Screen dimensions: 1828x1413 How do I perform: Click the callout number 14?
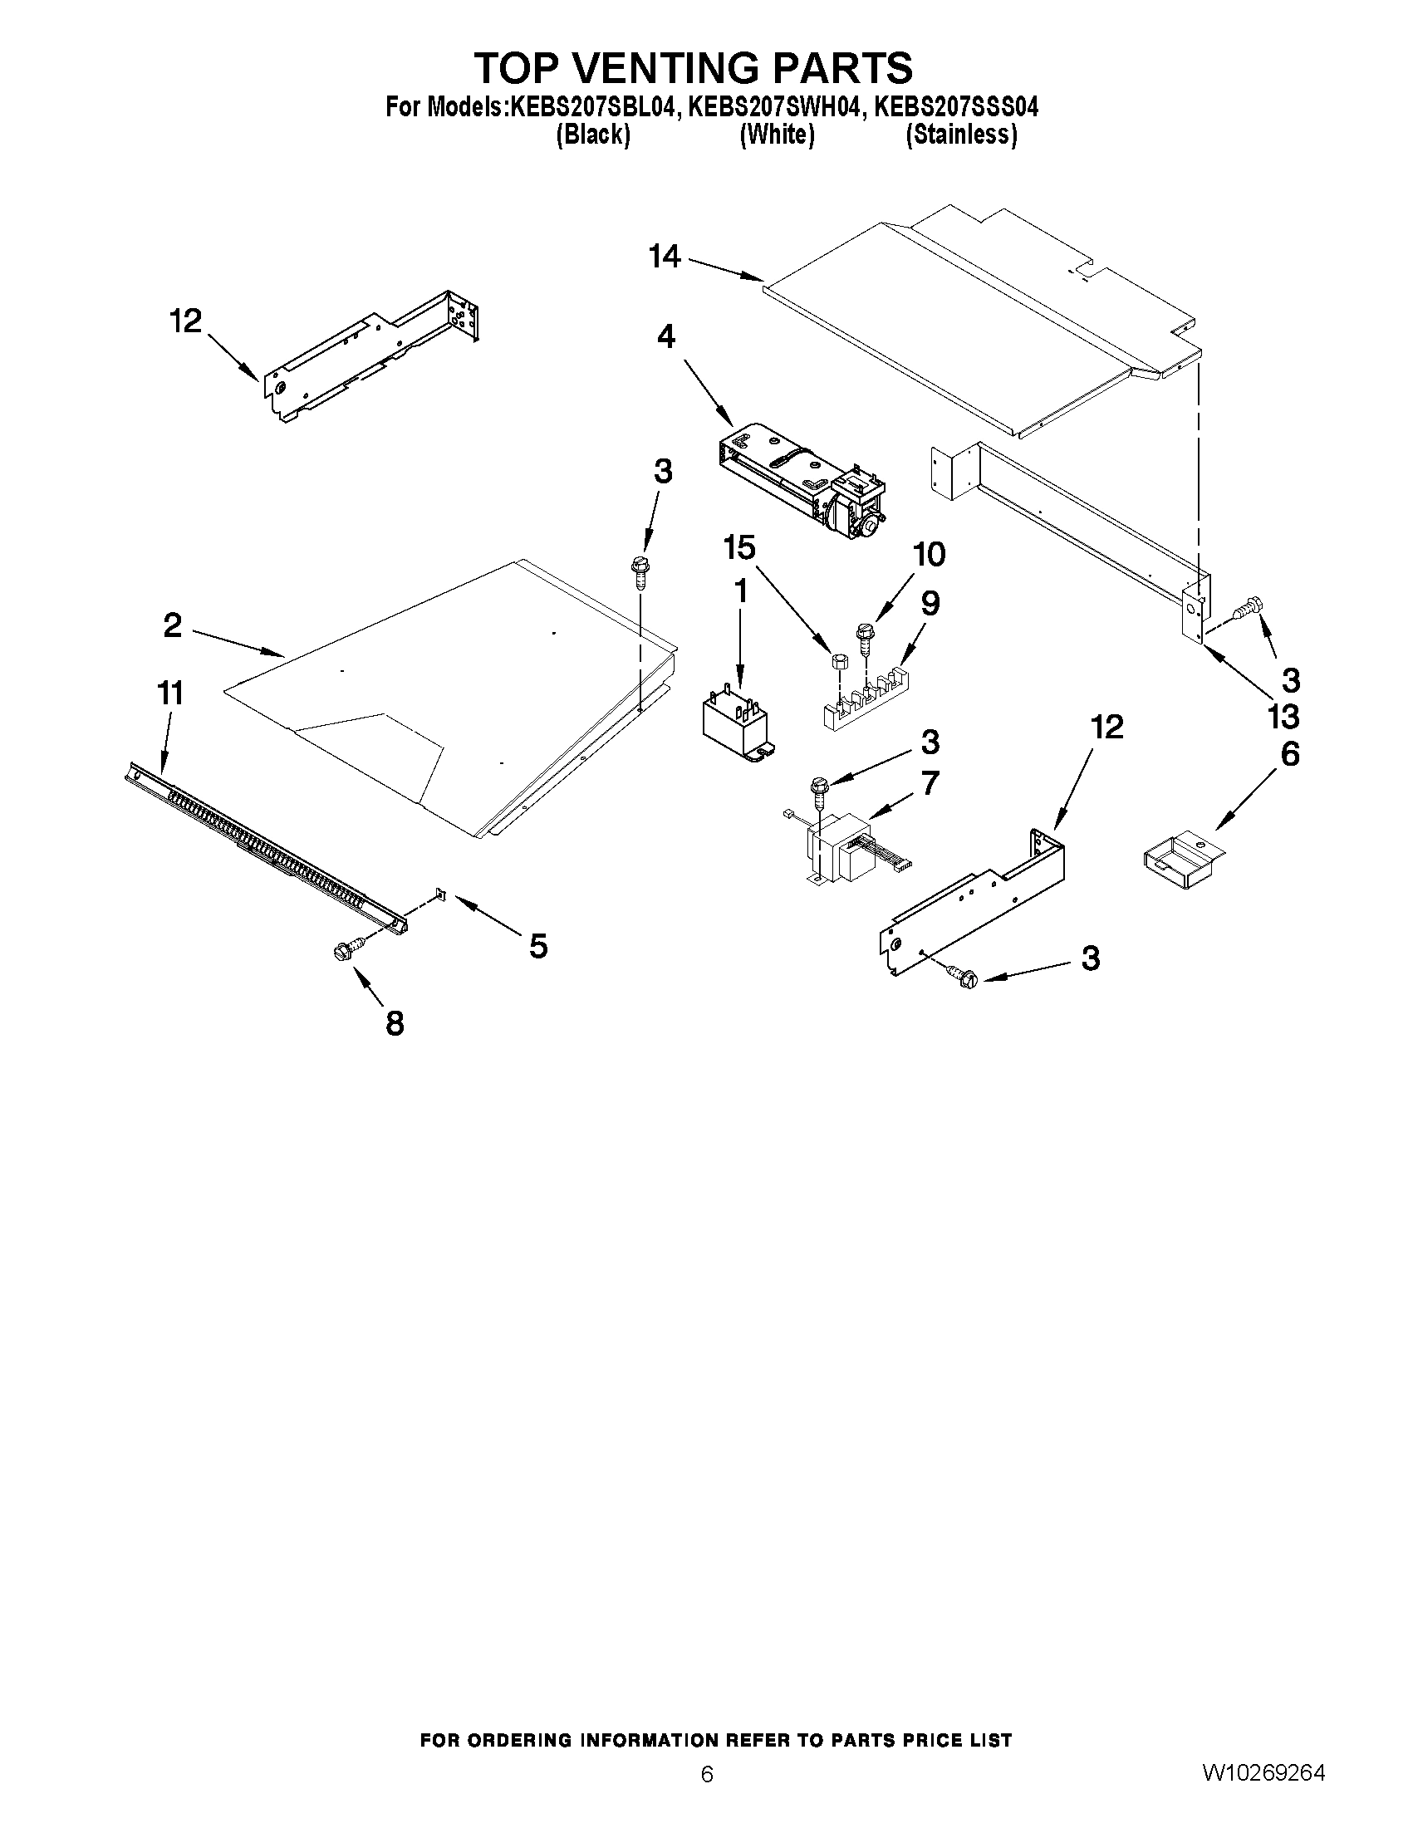coord(665,256)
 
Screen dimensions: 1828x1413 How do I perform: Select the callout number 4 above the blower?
coord(666,336)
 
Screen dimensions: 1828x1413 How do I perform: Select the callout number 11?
coord(170,693)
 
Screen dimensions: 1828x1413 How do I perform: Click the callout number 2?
coord(173,625)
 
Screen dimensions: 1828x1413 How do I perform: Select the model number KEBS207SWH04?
coord(773,108)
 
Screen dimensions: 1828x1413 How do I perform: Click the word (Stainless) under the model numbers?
coord(962,135)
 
